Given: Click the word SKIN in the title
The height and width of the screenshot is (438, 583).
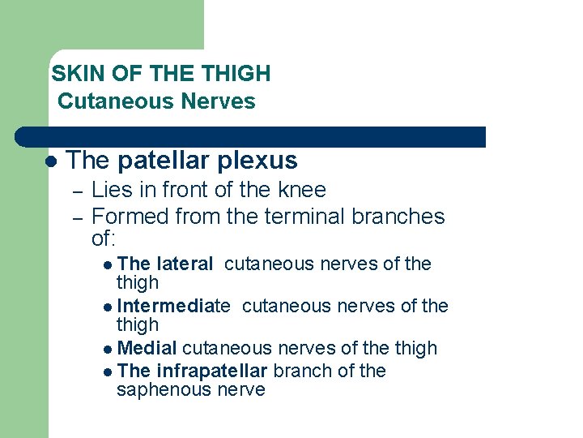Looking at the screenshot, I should coord(72,74).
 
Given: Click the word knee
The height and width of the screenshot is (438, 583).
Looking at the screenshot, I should coord(302,190).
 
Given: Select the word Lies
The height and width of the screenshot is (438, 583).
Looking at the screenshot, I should coord(109,190).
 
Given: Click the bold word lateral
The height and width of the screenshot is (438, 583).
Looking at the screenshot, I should coord(185,264).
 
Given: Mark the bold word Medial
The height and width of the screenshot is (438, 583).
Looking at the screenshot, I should coord(147,348).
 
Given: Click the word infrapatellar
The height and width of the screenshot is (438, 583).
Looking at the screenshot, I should coord(212,371).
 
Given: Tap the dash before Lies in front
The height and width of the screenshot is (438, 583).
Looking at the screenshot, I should coord(77,192).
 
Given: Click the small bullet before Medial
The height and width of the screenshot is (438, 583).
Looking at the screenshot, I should coord(109,349).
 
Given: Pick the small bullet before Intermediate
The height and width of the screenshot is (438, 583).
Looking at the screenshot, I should coord(109,307).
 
